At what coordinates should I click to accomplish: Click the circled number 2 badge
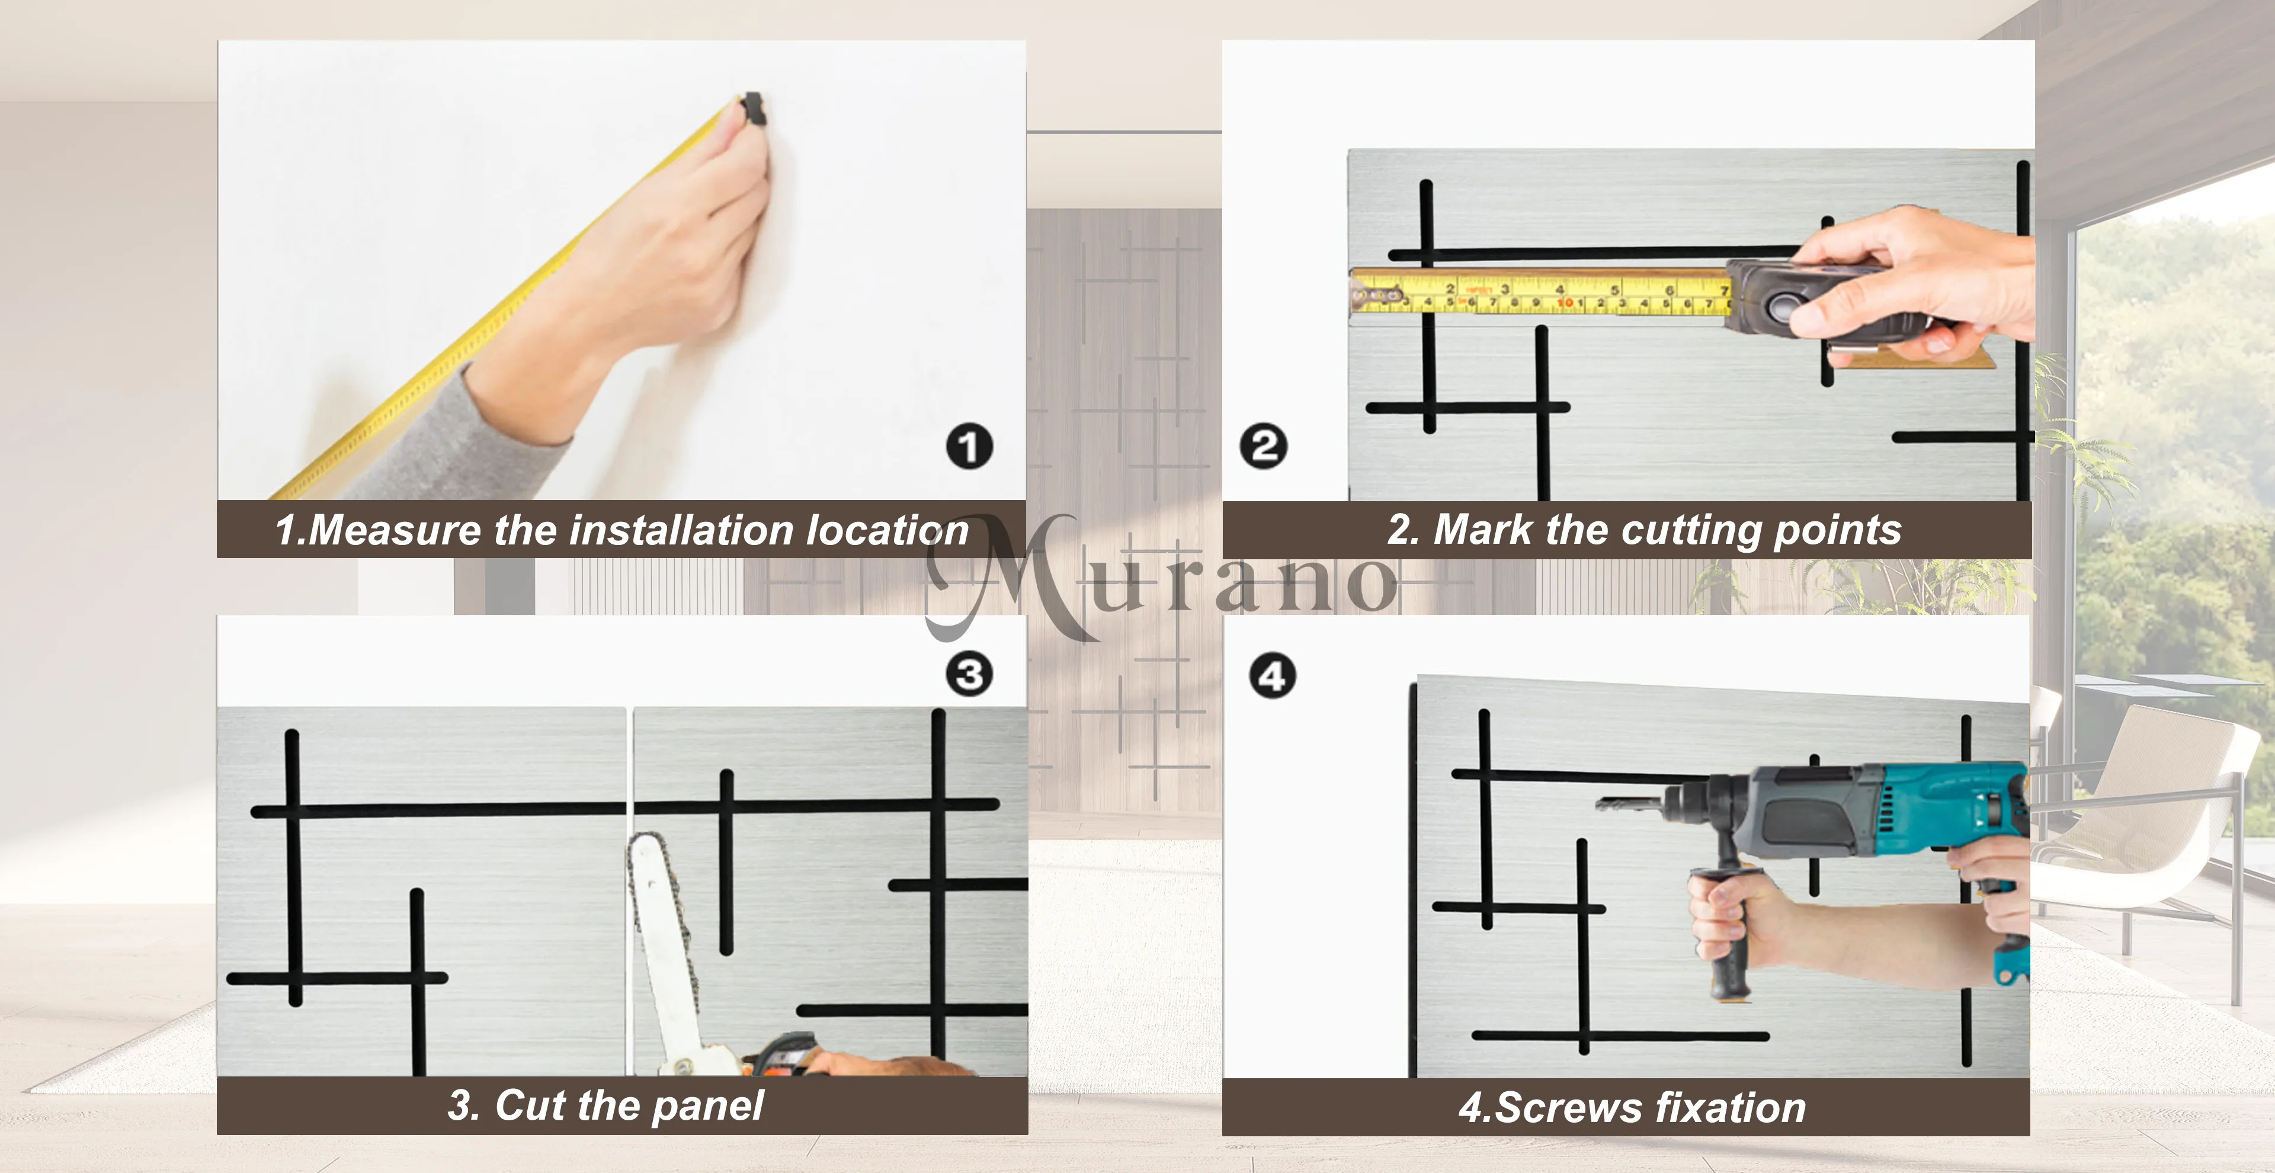click(1263, 446)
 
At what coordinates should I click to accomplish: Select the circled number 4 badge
click(1272, 677)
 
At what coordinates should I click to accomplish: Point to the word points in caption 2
click(1837, 531)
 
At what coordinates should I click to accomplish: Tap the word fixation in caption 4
click(1731, 1108)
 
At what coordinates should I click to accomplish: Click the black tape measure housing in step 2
click(1802, 300)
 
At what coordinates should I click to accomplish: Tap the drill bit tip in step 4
click(1600, 804)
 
